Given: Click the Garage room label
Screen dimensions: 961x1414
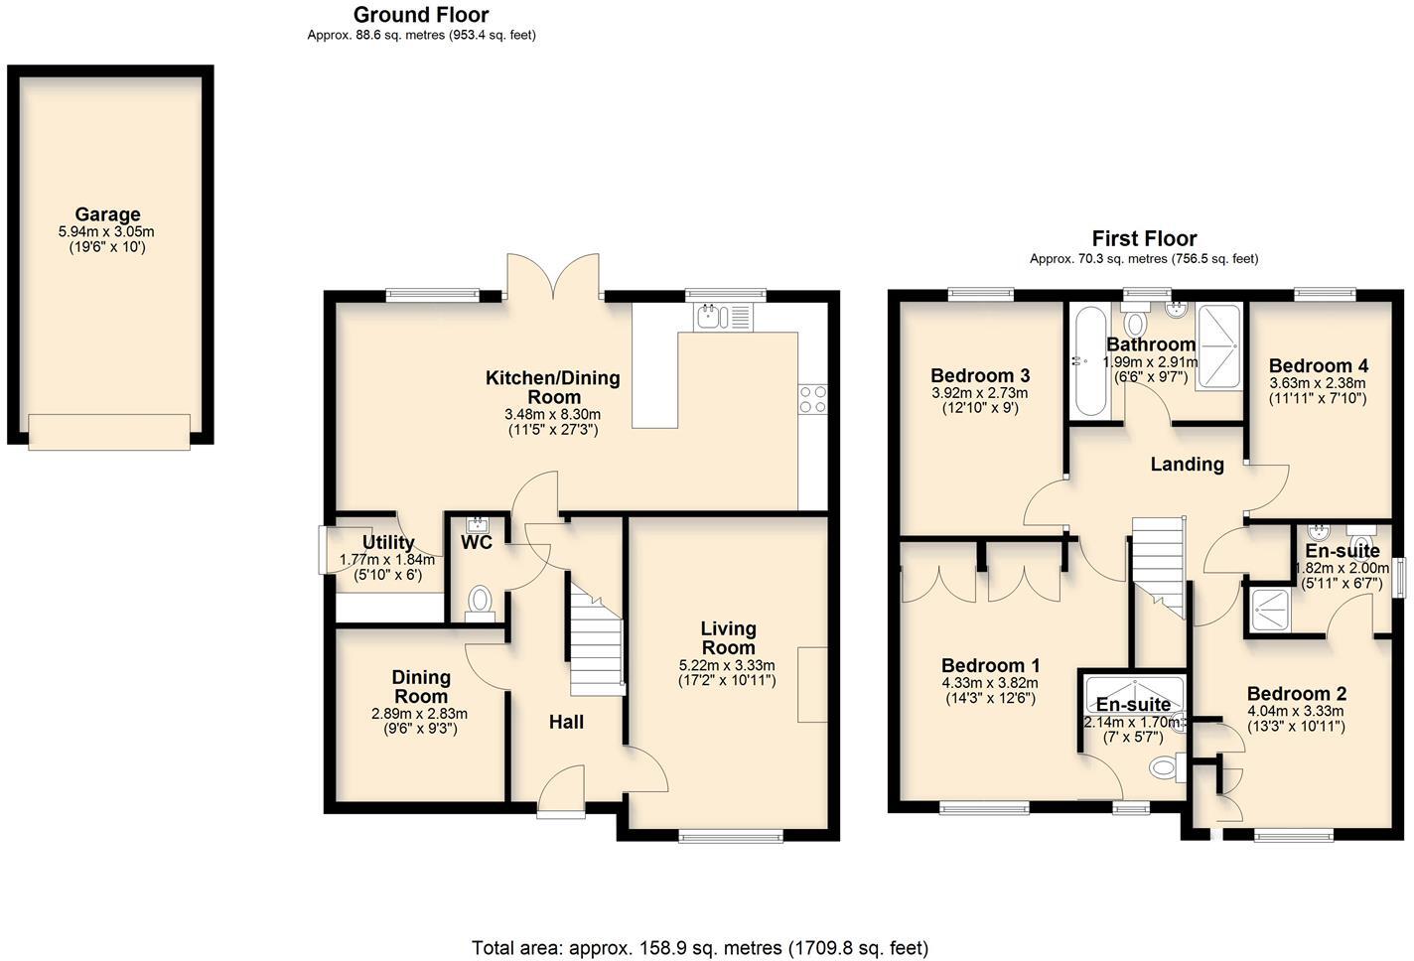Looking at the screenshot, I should (107, 214).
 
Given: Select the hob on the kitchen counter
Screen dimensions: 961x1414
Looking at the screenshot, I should (812, 398).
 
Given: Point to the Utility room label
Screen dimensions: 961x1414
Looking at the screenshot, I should (387, 542).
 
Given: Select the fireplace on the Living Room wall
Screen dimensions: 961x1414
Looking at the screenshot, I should (812, 685).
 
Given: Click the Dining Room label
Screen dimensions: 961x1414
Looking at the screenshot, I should (421, 686).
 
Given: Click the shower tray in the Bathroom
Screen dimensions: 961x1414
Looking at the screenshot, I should (1218, 347).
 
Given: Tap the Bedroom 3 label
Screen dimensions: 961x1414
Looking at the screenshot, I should (979, 375).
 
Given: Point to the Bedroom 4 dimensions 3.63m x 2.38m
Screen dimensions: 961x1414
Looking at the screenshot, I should (1317, 383).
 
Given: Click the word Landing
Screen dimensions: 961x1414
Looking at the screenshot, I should (1187, 464).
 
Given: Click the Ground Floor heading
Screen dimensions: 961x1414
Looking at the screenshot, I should (421, 15).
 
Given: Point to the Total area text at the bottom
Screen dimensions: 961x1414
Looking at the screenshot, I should (700, 947).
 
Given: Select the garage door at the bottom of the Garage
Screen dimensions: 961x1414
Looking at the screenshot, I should (109, 432).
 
